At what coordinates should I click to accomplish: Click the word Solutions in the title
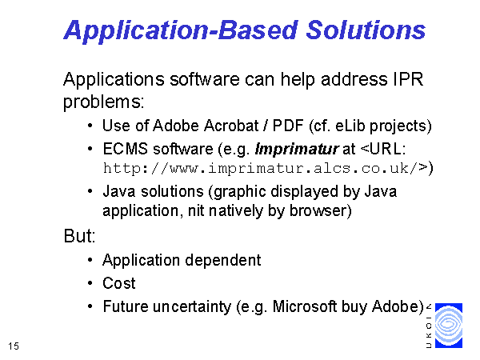[x=366, y=30]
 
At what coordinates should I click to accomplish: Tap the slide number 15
[x=14, y=346]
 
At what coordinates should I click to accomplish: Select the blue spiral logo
[x=449, y=326]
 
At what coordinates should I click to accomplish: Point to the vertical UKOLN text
[x=429, y=326]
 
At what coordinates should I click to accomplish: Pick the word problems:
[x=103, y=102]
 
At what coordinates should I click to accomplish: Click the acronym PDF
[x=288, y=126]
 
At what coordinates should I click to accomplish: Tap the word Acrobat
[x=231, y=126]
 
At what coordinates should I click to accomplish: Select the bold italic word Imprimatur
[x=297, y=150]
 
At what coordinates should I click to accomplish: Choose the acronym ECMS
[x=126, y=149]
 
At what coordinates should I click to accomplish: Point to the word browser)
[x=320, y=210]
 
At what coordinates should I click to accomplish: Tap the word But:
[x=79, y=236]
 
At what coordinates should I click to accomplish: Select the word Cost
[x=118, y=283]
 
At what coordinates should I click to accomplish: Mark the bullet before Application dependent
[x=90, y=260]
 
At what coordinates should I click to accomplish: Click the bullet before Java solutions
[x=90, y=191]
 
